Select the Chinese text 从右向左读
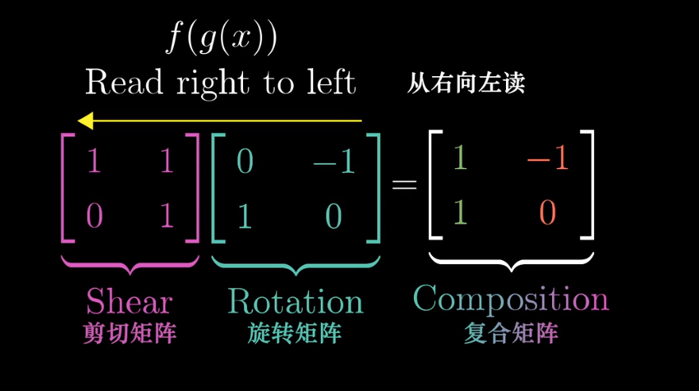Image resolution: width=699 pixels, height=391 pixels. pos(466,82)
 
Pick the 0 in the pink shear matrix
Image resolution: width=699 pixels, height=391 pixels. pos(94,216)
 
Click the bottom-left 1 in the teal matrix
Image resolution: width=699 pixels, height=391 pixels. pos(245,216)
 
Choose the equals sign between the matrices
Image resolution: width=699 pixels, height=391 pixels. pos(404,185)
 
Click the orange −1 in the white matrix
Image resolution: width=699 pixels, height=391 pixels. pos(548,159)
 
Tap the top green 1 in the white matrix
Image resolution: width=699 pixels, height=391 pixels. pos(460,159)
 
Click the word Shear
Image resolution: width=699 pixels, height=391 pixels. pos(129,301)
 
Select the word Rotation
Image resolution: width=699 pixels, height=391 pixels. pos(295,301)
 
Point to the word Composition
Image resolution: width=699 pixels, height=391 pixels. pos(511,298)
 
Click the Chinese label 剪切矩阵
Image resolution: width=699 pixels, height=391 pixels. pos(129,334)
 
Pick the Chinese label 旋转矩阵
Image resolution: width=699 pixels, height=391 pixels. pos(295,334)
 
